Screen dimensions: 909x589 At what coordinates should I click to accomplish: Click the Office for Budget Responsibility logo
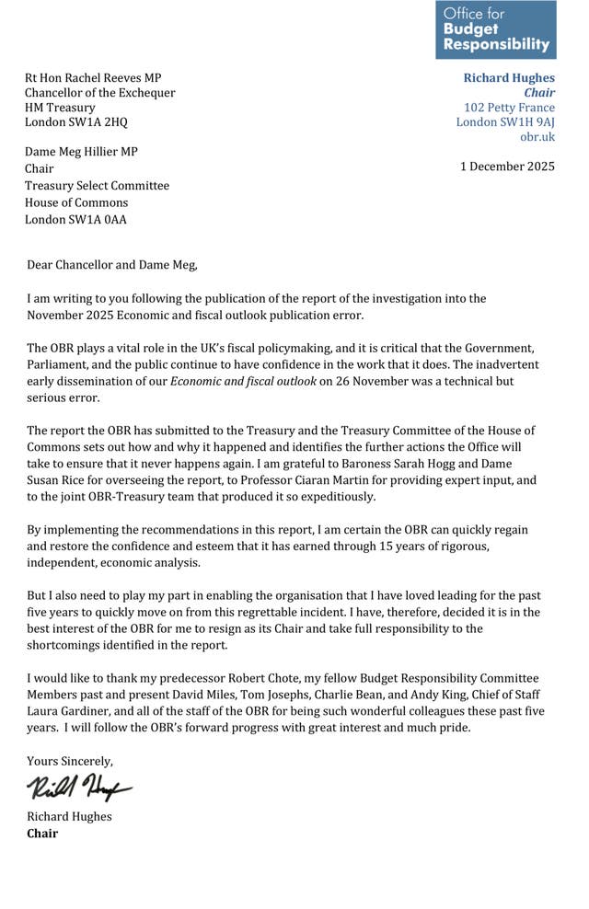click(x=496, y=29)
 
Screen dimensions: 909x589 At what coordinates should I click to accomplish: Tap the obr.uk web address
click(x=537, y=137)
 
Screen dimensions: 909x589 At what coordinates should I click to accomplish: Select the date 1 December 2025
click(x=507, y=167)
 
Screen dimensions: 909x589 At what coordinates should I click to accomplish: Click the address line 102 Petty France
click(x=509, y=108)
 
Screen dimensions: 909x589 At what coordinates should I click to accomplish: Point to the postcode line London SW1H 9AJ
click(x=505, y=122)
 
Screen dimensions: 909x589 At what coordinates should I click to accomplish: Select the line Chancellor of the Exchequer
click(x=99, y=93)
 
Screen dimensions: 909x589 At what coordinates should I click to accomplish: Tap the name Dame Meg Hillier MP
click(x=81, y=152)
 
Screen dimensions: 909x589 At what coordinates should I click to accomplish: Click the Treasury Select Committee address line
click(x=97, y=186)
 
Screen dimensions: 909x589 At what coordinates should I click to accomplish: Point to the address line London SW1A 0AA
click(x=75, y=219)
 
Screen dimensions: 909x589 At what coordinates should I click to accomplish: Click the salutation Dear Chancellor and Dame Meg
click(x=111, y=265)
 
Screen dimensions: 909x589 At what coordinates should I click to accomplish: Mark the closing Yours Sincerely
click(x=70, y=761)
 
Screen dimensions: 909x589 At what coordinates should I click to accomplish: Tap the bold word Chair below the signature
click(x=42, y=834)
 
